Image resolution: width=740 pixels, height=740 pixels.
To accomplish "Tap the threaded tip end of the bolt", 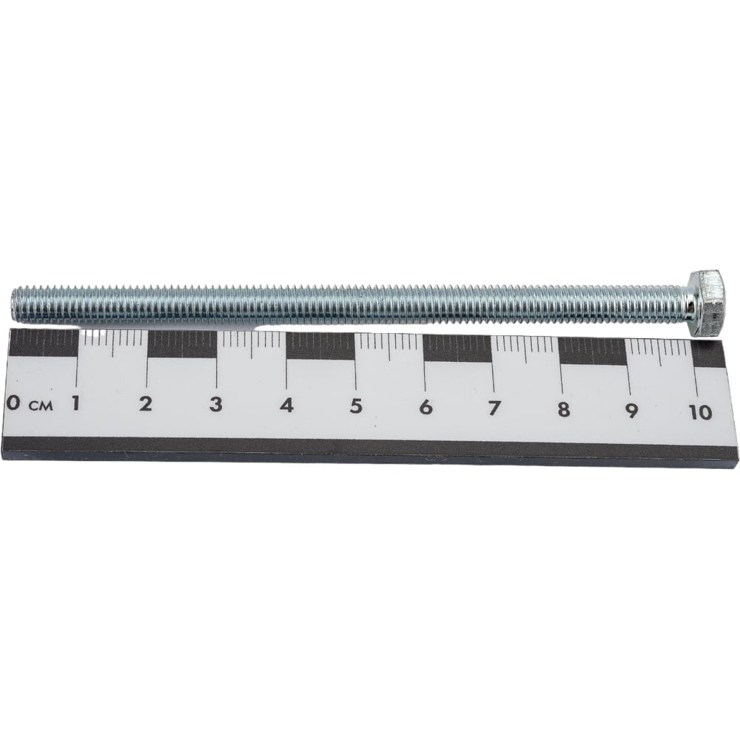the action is click(13, 305).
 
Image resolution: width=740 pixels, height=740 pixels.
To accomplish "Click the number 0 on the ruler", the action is click(14, 403).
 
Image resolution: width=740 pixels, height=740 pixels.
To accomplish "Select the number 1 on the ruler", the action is click(75, 403).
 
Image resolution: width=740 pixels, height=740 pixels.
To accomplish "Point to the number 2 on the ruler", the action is click(146, 404).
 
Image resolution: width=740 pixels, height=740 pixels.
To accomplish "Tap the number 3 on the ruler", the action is click(215, 405).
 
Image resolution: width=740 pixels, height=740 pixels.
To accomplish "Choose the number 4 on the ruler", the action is click(286, 406).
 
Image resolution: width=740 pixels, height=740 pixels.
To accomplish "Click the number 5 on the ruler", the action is click(357, 406).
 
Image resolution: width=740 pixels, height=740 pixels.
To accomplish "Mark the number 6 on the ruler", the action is click(425, 407).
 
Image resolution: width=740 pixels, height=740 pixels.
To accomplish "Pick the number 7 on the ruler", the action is click(494, 408).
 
